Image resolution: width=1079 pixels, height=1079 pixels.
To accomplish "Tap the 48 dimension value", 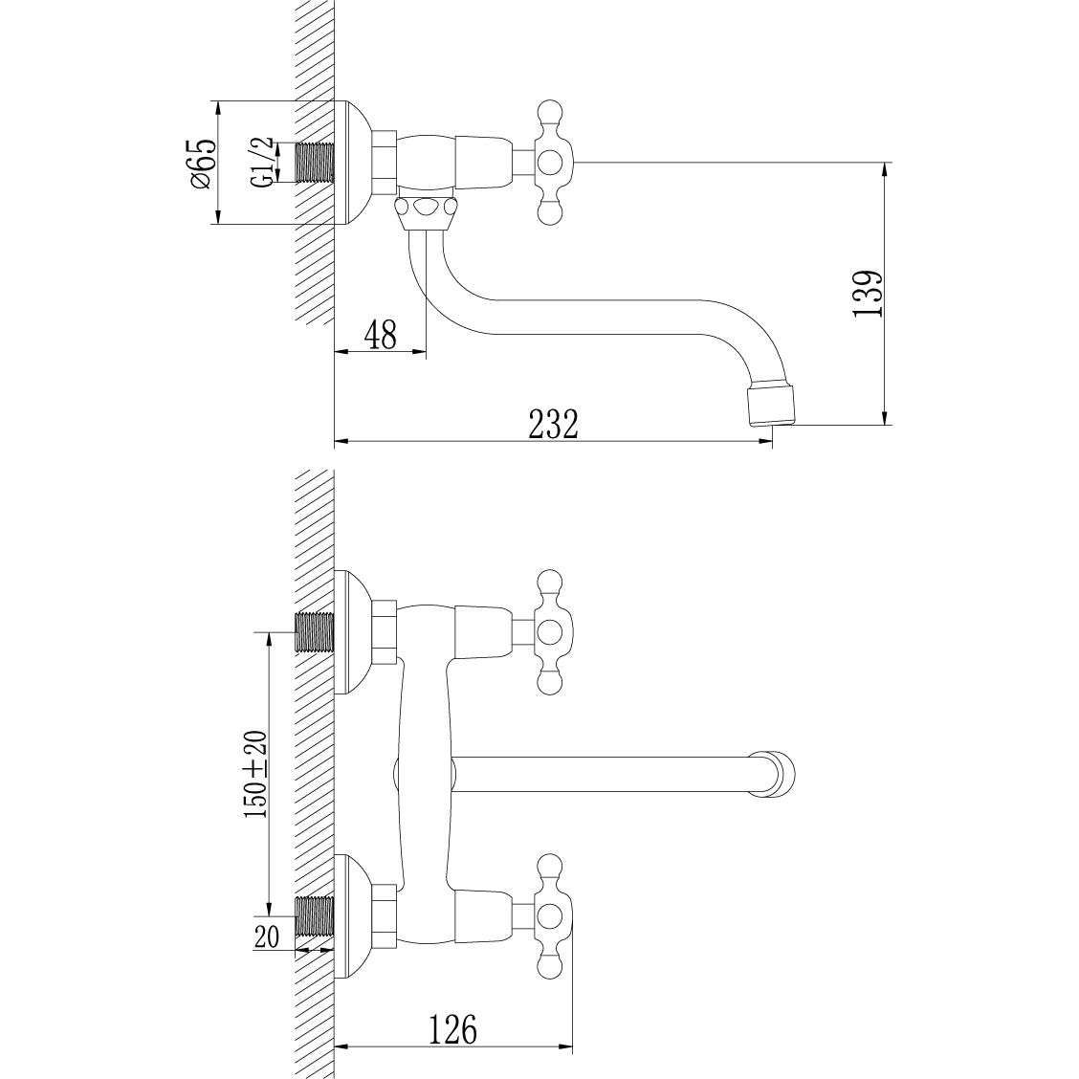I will [380, 334].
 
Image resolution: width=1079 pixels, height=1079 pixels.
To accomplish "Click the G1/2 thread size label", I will [261, 163].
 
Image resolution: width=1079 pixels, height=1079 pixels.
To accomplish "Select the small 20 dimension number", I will [268, 936].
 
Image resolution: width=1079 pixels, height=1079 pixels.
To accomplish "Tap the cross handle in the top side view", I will [551, 163].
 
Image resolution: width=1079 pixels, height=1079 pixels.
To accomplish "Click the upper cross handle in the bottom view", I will [549, 631].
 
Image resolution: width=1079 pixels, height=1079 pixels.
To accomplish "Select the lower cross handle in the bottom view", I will [549, 914].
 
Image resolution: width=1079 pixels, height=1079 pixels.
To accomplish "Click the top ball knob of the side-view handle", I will [550, 111].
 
